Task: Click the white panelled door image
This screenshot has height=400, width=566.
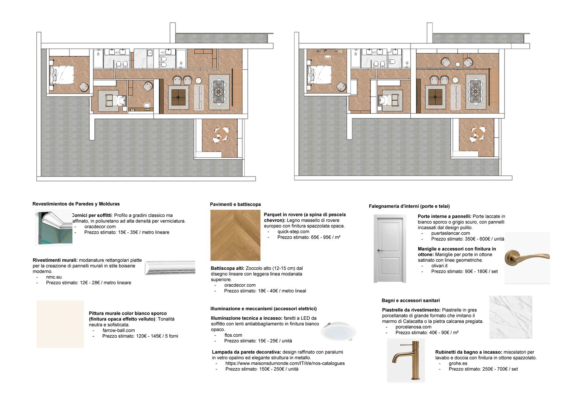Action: click(390, 248)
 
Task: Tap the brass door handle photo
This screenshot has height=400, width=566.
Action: click(527, 257)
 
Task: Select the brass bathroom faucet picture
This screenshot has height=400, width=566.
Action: click(406, 360)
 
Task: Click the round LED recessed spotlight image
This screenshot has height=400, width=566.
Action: click(338, 331)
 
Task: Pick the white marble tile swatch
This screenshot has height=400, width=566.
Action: click(511, 317)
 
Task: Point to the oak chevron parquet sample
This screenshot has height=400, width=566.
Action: click(235, 235)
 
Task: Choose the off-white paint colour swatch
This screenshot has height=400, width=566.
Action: click(60, 324)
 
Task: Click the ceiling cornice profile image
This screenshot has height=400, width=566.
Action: click(54, 228)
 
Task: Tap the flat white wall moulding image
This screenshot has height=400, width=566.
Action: click(170, 268)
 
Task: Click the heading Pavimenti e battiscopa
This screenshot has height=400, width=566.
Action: click(235, 204)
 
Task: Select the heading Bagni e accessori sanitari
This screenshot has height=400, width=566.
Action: click(411, 300)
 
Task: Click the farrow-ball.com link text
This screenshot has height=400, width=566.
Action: click(118, 330)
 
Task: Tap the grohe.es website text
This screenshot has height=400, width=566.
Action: click(458, 363)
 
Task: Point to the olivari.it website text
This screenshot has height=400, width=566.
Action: click(440, 266)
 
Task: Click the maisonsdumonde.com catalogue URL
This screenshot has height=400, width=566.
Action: click(285, 363)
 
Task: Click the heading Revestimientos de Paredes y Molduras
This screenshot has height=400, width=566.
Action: click(76, 204)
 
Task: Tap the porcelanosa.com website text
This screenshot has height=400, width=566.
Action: click(414, 327)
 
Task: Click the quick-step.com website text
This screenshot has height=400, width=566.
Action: click(293, 231)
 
